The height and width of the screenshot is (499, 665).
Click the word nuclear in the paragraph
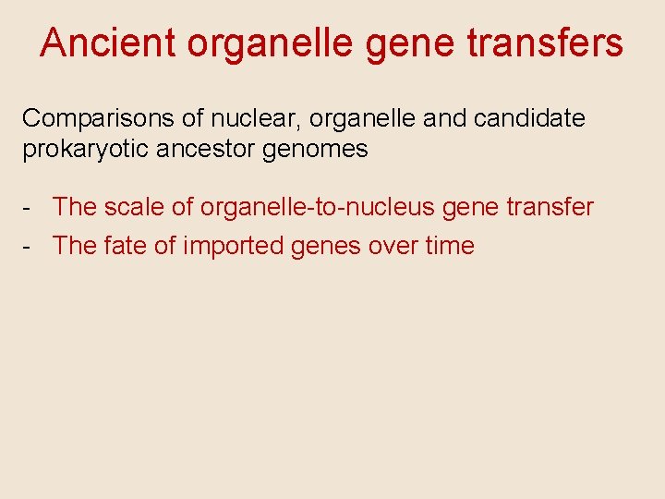pos(239,119)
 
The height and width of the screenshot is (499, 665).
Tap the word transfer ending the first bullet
pos(547,207)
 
